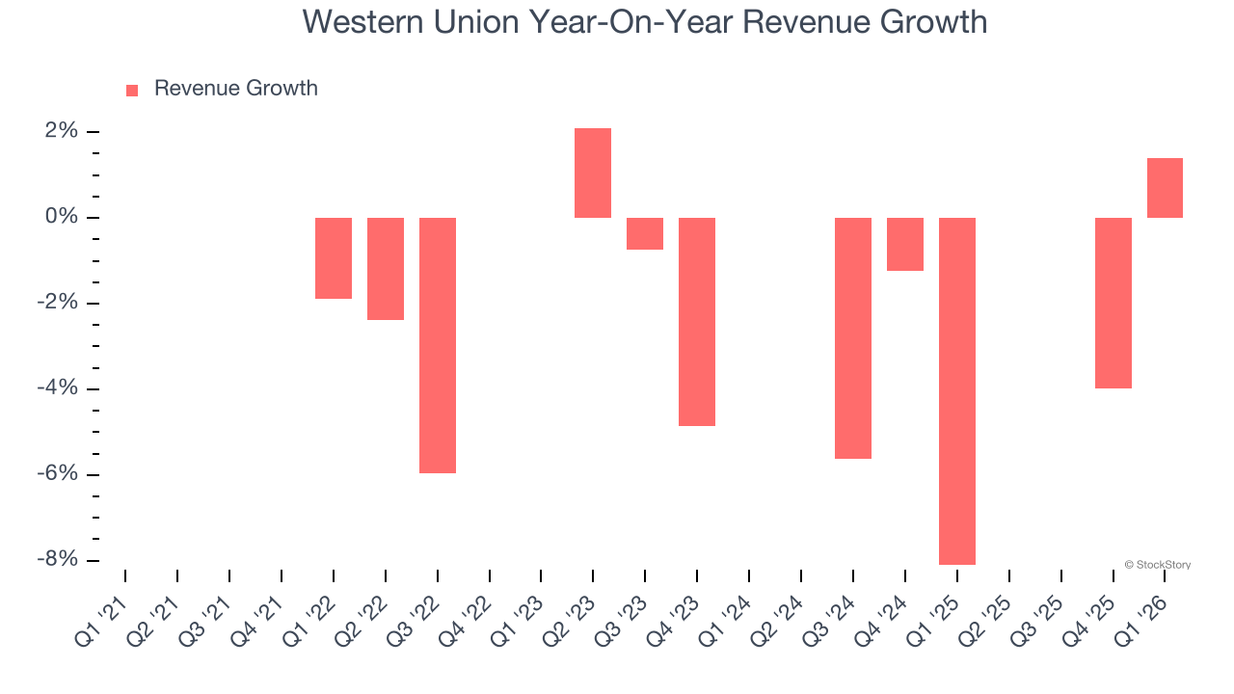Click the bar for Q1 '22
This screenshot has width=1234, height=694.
click(x=334, y=257)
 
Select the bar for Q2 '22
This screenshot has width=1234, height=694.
click(x=386, y=268)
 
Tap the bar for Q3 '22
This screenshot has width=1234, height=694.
click(x=438, y=345)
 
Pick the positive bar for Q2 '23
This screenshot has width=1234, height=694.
click(x=593, y=173)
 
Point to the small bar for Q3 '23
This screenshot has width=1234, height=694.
click(x=645, y=233)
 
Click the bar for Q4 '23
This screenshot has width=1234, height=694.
click(x=697, y=321)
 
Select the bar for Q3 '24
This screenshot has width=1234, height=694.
click(x=853, y=337)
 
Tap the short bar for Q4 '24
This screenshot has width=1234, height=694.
click(x=905, y=244)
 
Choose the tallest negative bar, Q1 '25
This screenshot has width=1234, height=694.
click(x=957, y=390)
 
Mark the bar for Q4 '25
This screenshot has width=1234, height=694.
click(x=1113, y=303)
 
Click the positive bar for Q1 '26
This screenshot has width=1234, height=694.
click(x=1165, y=188)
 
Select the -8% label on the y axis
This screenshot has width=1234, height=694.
click(x=58, y=560)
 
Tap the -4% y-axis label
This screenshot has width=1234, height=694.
click(x=58, y=388)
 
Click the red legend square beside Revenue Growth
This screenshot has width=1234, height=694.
click(x=132, y=90)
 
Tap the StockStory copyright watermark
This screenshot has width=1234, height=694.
click(x=1158, y=565)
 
